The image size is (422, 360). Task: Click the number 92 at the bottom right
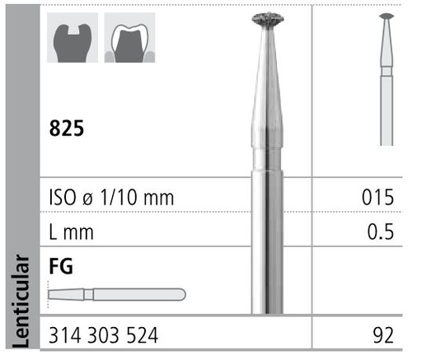point(383,336)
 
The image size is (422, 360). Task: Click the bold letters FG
point(60,266)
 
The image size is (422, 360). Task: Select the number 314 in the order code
point(65,336)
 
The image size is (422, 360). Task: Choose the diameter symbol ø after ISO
point(93,199)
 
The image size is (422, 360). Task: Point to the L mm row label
point(72,232)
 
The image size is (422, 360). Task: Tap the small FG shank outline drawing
point(116,294)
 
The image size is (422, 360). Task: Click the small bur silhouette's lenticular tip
point(386,16)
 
